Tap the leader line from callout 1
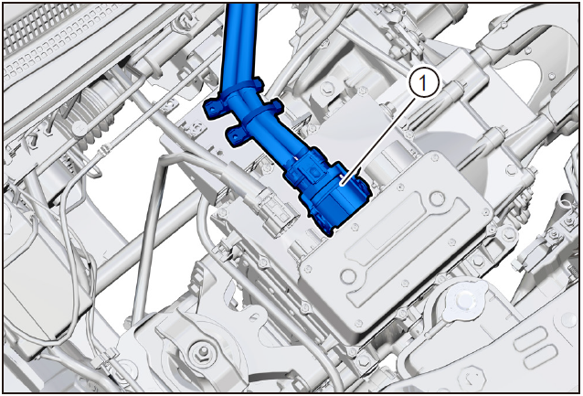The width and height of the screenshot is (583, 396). point(378,140)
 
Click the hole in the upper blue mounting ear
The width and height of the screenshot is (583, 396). point(213,110)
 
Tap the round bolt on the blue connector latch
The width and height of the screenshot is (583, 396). point(313,172)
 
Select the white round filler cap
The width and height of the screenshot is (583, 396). point(464,298)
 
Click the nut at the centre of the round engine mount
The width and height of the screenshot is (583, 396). point(203,351)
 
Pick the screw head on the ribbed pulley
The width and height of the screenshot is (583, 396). point(79,128)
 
